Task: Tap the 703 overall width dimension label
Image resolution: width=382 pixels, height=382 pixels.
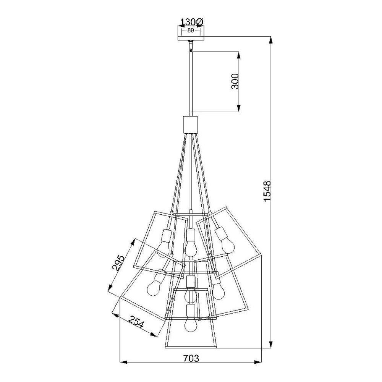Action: coord(191,358)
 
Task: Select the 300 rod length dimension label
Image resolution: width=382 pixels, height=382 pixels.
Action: coord(235,81)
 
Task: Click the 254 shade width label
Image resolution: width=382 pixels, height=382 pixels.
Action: coord(136,322)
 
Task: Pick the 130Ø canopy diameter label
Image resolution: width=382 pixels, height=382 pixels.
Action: coord(191,23)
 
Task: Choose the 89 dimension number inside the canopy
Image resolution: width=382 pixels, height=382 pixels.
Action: coord(191,31)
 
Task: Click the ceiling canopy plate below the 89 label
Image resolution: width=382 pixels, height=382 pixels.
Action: coord(191,38)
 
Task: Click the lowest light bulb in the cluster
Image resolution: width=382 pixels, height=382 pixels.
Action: coord(191,325)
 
